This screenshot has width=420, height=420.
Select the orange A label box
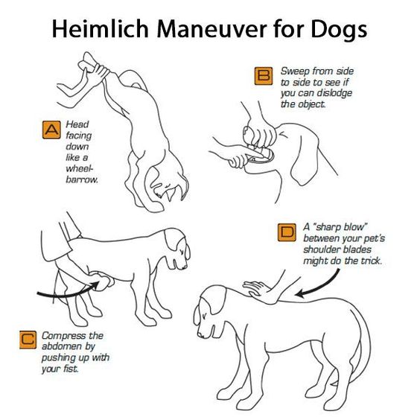(x=51, y=130)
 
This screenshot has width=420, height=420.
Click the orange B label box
(x=264, y=76)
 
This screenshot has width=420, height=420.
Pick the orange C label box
(x=28, y=340)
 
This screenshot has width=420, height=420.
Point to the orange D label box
(x=287, y=232)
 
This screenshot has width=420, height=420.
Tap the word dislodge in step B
(x=334, y=93)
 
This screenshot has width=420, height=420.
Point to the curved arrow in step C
(x=68, y=292)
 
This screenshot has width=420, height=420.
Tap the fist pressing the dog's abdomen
(x=102, y=281)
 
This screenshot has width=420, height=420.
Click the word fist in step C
(x=71, y=369)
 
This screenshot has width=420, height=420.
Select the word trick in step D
(x=371, y=261)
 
